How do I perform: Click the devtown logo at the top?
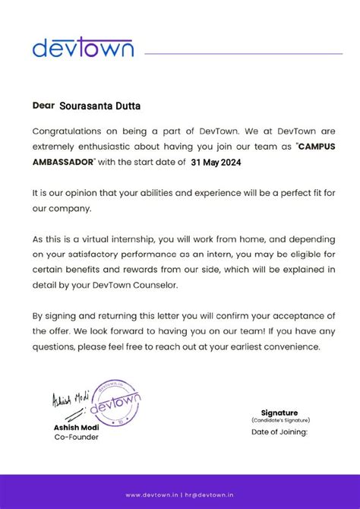point(83,48)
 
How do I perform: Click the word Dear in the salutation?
point(44,105)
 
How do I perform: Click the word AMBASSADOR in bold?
point(64,162)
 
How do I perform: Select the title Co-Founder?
point(75,437)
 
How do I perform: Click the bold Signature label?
point(279,413)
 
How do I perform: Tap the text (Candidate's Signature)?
point(280,420)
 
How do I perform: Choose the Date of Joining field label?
point(279,432)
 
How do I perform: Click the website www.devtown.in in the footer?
point(152,495)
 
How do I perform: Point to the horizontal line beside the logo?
point(243,54)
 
